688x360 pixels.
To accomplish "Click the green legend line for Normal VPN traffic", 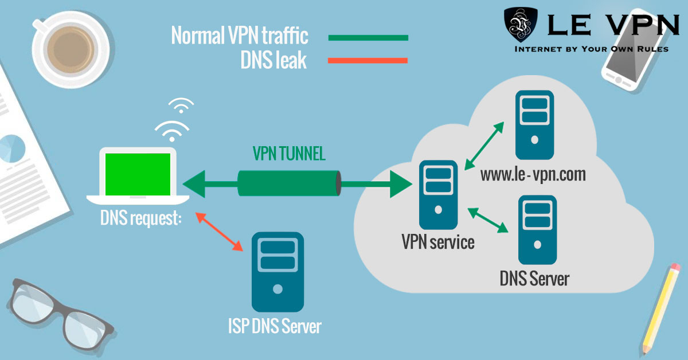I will (x=368, y=38).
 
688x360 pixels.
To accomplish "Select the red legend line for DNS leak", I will (x=368, y=60).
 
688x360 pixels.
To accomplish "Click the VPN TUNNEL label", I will (x=289, y=154).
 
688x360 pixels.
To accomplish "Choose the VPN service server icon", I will (x=439, y=195).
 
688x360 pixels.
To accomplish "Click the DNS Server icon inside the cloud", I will (x=537, y=230).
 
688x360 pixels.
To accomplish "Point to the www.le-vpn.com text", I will (x=533, y=173).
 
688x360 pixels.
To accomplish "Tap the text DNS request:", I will (x=140, y=218).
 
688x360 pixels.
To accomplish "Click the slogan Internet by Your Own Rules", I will (x=591, y=49).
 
